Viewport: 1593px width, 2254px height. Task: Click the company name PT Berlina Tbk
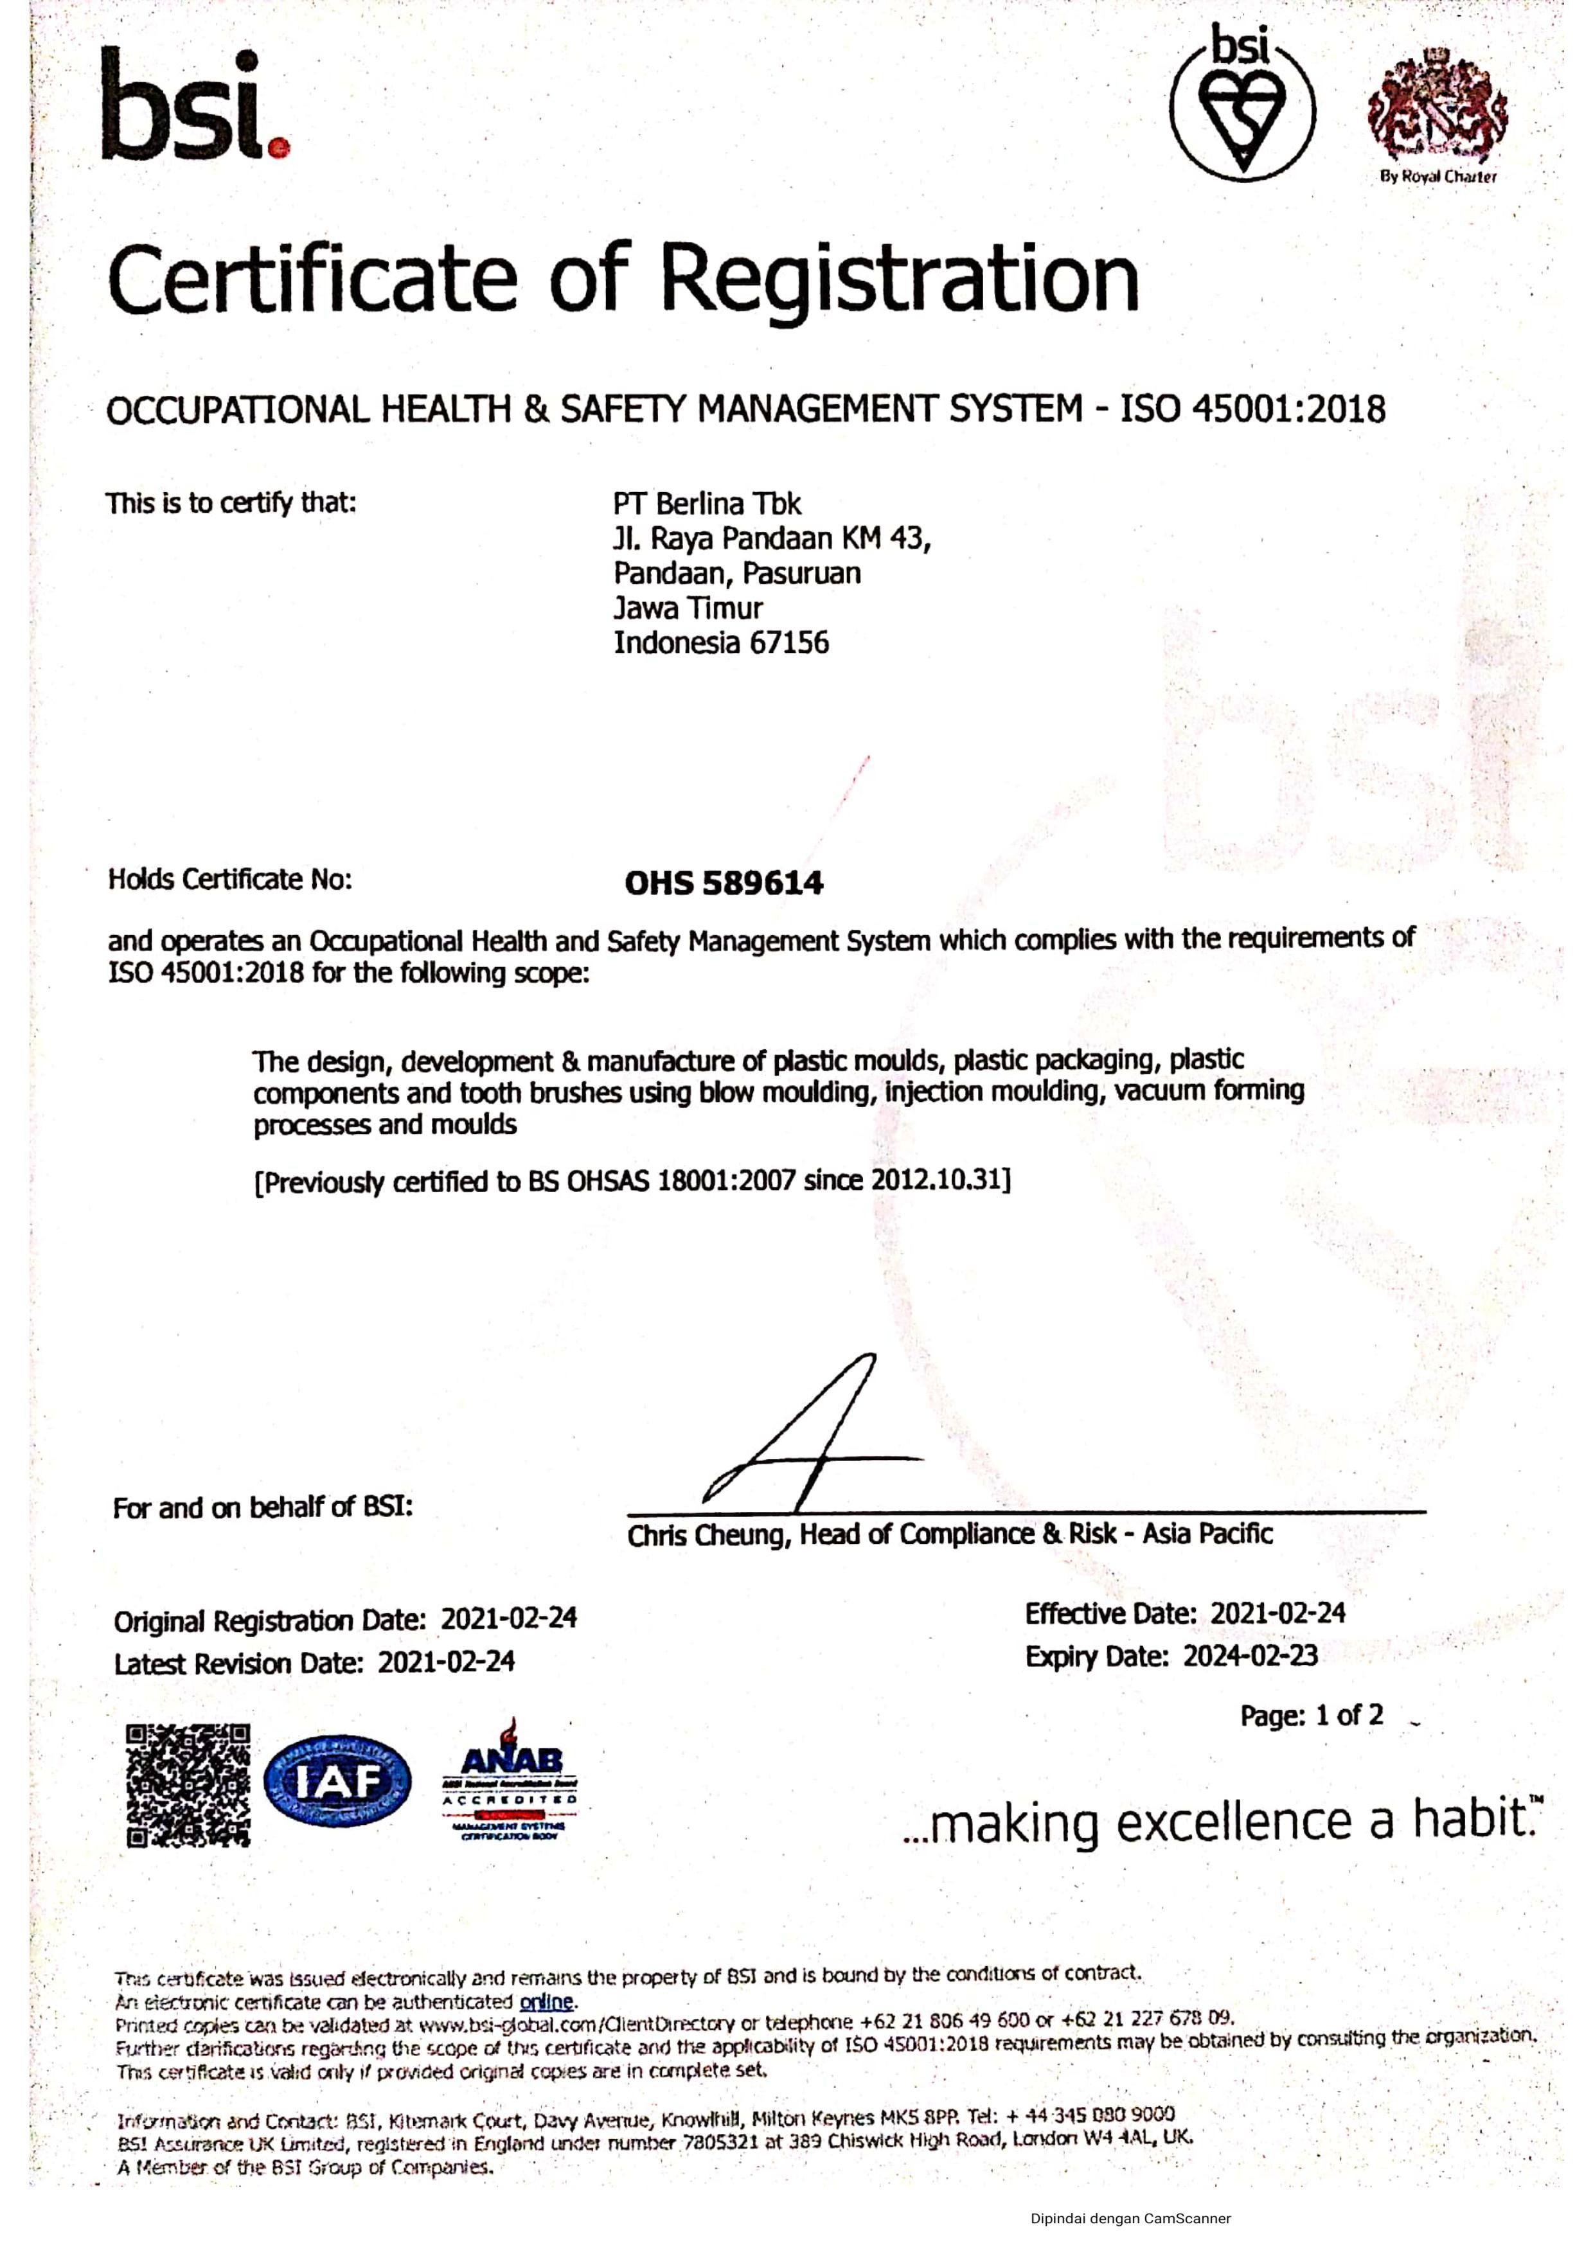coord(707,504)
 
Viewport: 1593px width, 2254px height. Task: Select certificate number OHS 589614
coord(724,883)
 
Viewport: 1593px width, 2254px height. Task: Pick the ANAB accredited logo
coord(510,1781)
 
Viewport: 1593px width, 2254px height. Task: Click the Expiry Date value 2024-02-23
coord(1249,1656)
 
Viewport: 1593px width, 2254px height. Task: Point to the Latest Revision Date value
coord(447,1662)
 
